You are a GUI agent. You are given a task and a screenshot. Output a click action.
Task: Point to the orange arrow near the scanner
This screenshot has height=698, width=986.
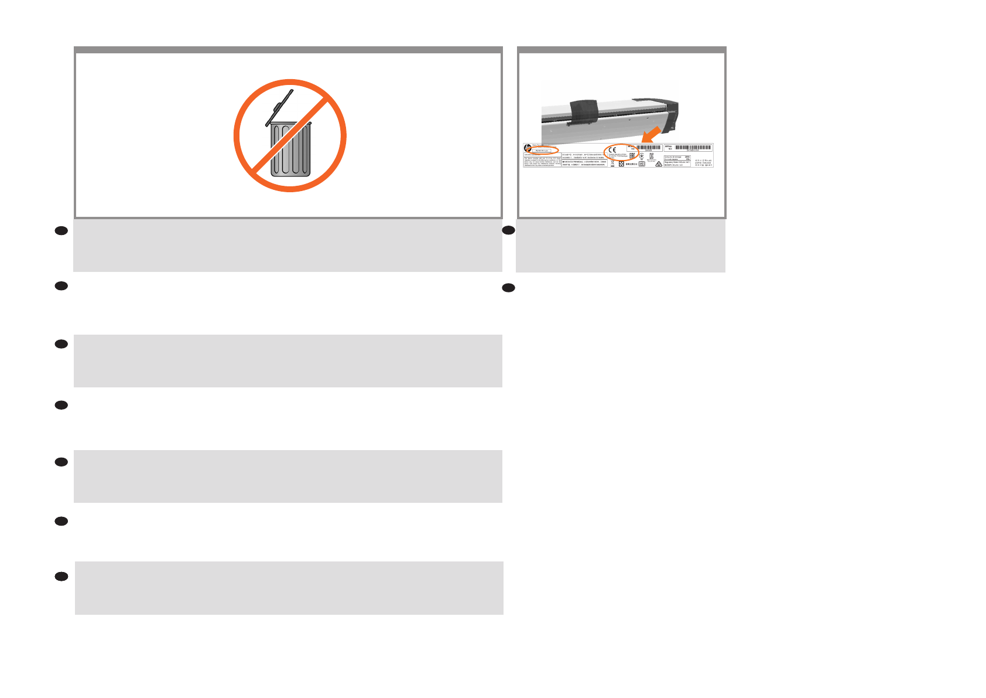651,134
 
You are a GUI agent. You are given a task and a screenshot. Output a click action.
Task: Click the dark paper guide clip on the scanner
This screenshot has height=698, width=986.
584,111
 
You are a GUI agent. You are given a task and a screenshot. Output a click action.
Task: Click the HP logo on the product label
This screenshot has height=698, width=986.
528,148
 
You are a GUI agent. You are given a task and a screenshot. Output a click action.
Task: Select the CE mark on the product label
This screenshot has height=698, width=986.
612,149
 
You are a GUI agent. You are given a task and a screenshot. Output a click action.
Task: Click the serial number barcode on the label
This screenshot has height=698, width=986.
693,148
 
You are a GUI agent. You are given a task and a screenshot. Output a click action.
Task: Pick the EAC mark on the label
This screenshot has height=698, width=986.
632,156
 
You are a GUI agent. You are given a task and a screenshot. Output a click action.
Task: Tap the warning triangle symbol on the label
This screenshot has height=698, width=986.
659,165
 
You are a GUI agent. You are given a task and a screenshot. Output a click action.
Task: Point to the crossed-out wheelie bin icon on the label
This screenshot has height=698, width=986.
612,164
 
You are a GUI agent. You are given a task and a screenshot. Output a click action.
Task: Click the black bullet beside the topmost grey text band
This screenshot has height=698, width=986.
61,231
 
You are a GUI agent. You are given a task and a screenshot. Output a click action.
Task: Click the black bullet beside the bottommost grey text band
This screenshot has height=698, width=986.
61,577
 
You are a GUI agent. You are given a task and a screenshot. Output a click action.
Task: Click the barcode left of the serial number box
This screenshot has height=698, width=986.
649,148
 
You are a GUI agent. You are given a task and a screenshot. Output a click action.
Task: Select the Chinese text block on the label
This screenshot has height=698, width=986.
584,159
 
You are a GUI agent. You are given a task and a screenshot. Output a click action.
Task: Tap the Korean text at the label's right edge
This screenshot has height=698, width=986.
704,162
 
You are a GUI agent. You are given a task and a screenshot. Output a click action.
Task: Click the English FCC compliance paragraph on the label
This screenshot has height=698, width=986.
542,162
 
